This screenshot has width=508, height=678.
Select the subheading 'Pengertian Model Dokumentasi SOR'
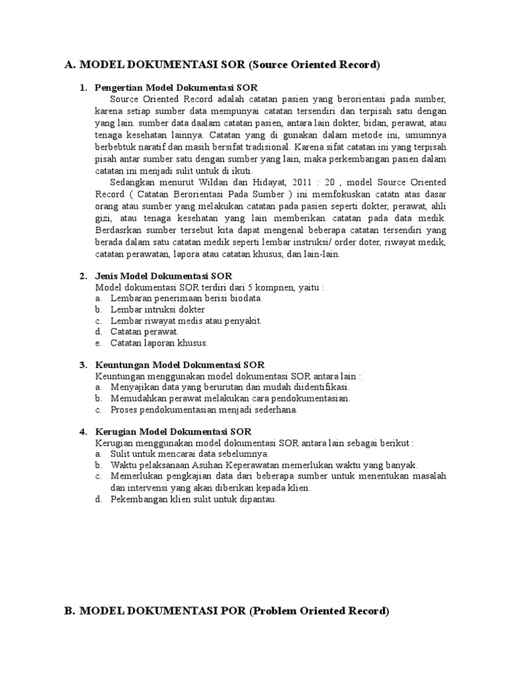pos(177,88)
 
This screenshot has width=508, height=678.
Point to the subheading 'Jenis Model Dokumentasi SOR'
pos(164,276)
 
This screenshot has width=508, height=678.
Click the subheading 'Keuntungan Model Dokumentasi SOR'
pos(180,365)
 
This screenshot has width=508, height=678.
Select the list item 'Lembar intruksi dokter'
pos(157,309)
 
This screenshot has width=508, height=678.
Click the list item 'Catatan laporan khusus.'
pos(159,343)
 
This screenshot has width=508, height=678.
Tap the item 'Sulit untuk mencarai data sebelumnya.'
pos(189,454)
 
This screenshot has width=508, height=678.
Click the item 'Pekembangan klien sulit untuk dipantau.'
pos(193,499)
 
